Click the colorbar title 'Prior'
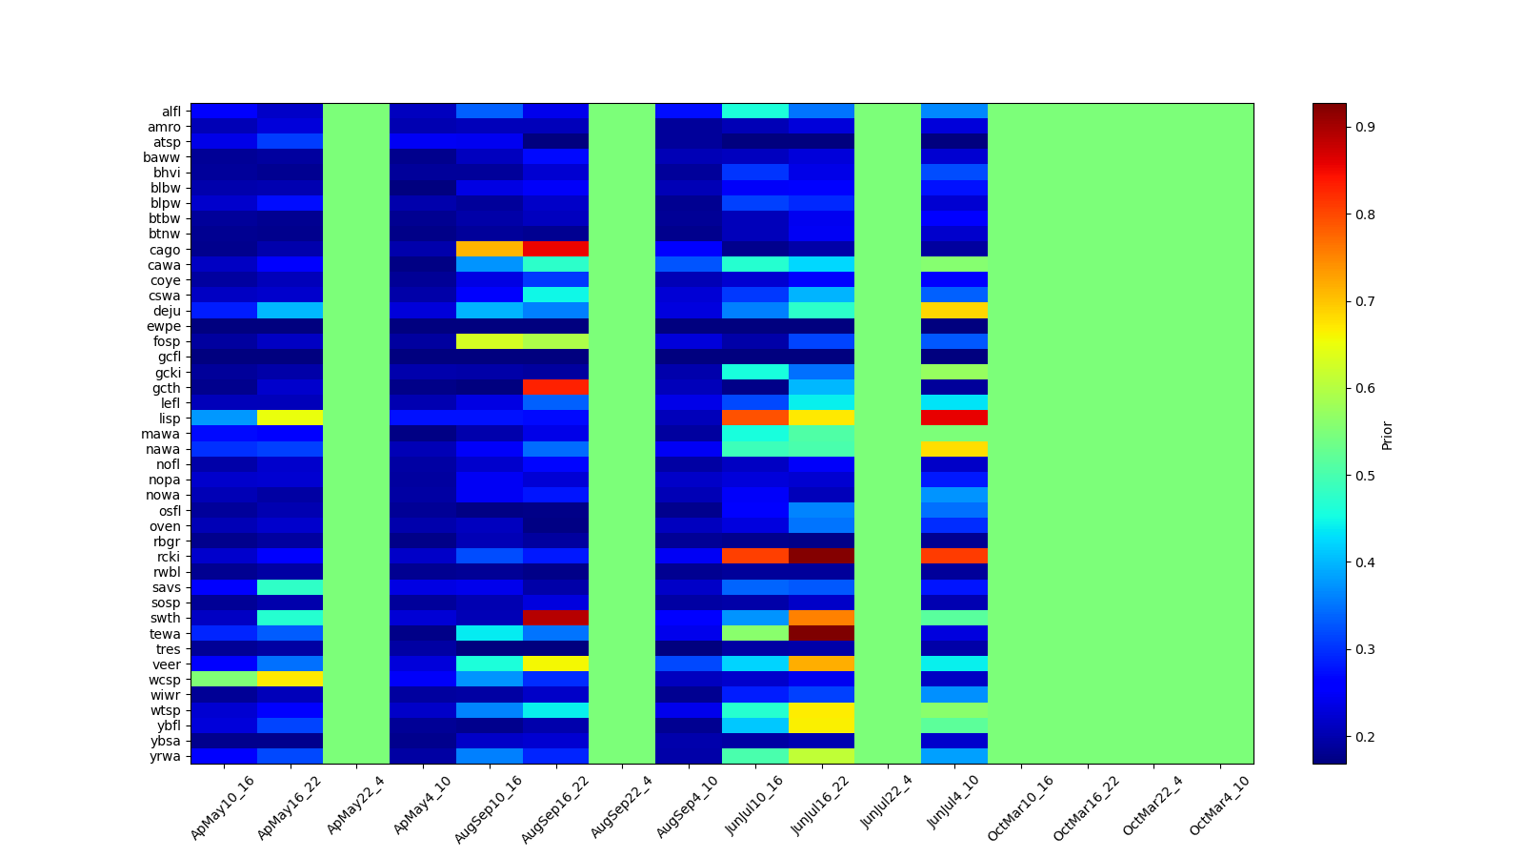(1387, 435)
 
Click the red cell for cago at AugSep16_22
(555, 250)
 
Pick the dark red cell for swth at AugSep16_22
(555, 618)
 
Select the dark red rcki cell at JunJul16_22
(821, 557)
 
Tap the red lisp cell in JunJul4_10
(954, 419)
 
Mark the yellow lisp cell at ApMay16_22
(290, 419)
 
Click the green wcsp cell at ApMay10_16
(224, 679)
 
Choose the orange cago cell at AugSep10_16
(490, 250)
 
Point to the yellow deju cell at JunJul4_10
(954, 311)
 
